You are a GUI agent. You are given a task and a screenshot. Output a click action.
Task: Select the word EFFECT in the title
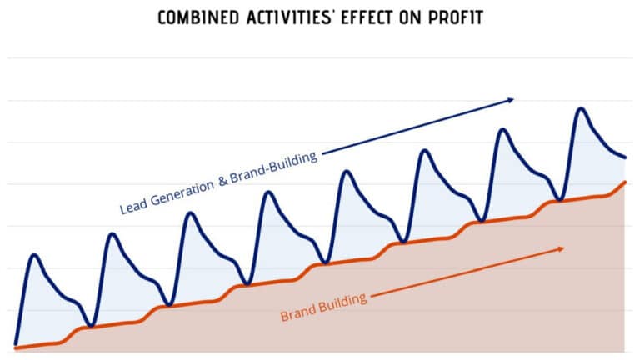point(372,17)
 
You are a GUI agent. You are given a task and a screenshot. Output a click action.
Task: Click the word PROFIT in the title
point(459,17)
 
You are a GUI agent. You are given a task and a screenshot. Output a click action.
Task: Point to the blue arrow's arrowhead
point(511,100)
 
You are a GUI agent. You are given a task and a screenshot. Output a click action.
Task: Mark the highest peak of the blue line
point(580,108)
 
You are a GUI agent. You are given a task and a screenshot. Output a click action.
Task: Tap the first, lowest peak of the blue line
point(34,254)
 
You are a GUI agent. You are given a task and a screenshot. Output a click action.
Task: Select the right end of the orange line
point(625,182)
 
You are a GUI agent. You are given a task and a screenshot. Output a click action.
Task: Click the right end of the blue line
point(625,157)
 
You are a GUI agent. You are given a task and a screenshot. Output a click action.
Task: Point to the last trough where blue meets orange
point(559,200)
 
